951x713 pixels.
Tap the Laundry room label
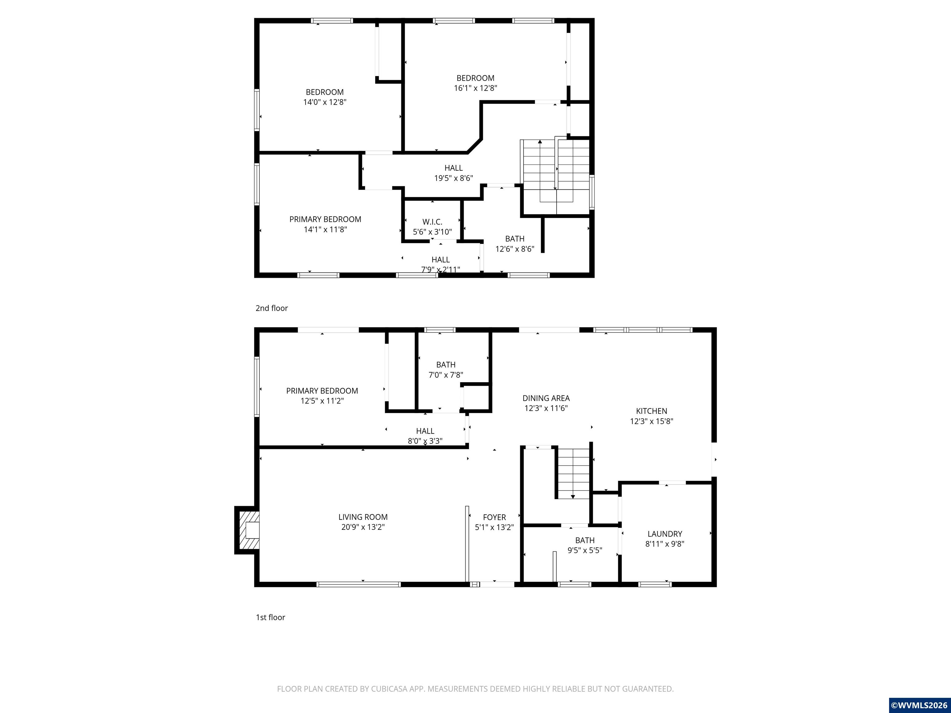(665, 534)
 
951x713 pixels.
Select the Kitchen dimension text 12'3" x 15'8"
(651, 421)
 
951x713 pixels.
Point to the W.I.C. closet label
(432, 222)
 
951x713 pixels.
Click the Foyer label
(494, 517)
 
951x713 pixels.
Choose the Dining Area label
(546, 398)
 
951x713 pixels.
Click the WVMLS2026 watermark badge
(920, 705)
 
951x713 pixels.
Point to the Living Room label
(363, 517)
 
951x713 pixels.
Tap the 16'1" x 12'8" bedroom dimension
(475, 88)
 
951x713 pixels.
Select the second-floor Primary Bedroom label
(325, 219)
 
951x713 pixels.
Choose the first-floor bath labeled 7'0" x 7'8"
(446, 365)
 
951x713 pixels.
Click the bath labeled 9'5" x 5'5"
(585, 540)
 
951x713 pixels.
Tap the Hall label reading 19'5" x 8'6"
(454, 168)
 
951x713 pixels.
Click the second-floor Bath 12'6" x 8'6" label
(515, 239)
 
